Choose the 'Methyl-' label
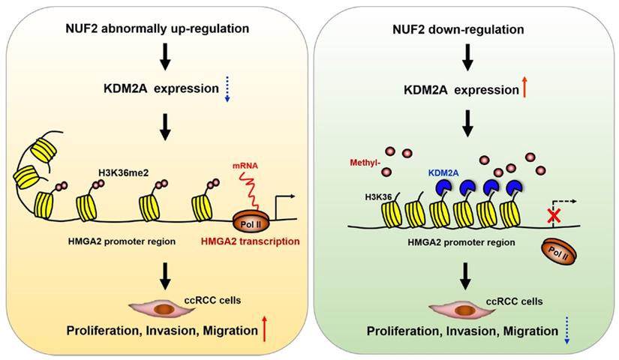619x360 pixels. coord(365,162)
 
